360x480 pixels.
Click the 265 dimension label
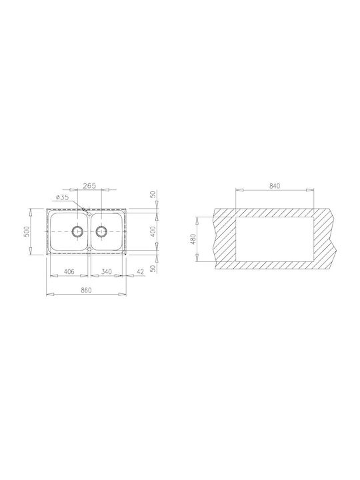click(90, 185)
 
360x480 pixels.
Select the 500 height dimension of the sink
click(27, 231)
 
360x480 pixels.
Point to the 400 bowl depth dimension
click(154, 231)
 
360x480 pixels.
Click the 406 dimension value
click(69, 271)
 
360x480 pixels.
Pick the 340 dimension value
click(107, 271)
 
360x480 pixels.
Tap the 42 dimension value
click(140, 271)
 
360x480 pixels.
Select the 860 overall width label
click(86, 290)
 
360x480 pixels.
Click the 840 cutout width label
click(275, 185)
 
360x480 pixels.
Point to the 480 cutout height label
click(193, 239)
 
